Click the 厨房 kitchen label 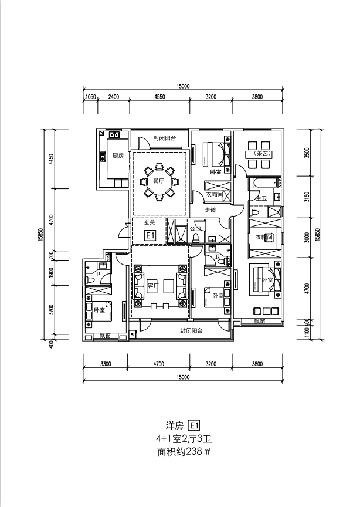118,156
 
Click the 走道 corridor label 210,209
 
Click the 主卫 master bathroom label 261,200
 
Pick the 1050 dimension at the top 91,97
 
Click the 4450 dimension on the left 52,160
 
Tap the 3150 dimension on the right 307,197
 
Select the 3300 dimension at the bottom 106,364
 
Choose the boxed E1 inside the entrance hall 150,235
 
